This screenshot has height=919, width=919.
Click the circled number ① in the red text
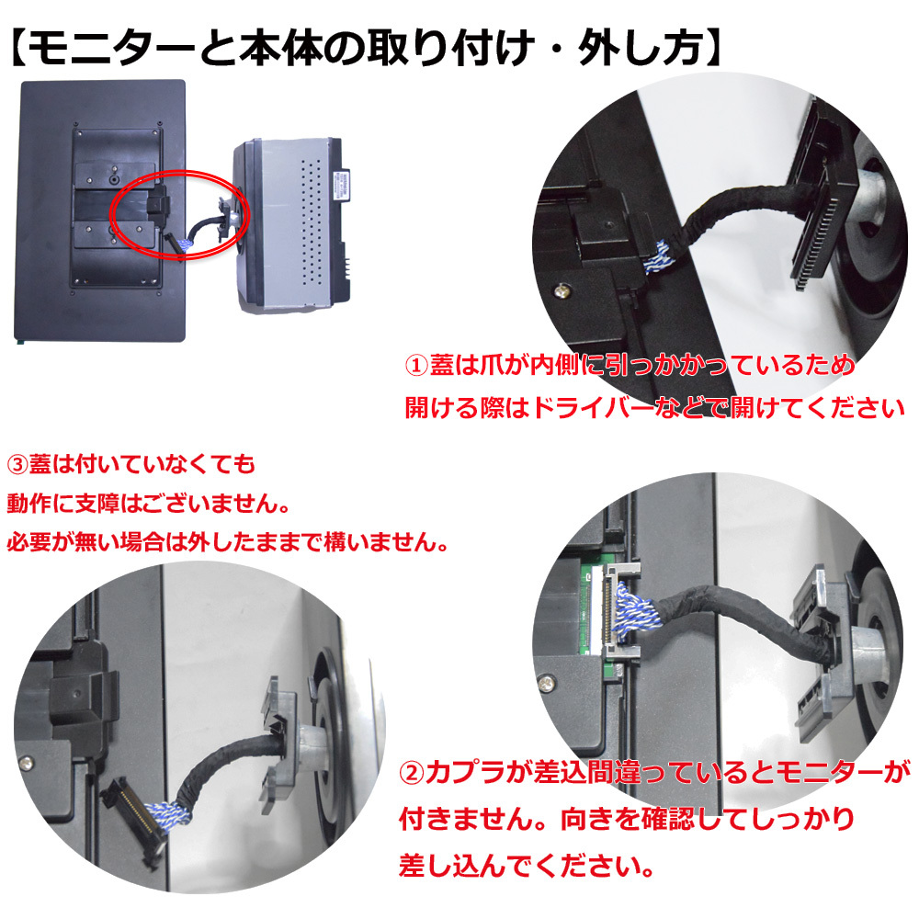(x=416, y=365)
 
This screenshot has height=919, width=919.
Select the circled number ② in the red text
(x=411, y=773)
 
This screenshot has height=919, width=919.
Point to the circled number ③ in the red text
(x=17, y=464)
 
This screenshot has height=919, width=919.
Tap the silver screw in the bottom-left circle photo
(x=26, y=763)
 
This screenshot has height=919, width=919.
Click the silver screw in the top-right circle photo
(x=562, y=289)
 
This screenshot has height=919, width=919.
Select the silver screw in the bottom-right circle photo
(x=546, y=681)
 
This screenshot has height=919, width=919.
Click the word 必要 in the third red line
(x=28, y=541)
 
